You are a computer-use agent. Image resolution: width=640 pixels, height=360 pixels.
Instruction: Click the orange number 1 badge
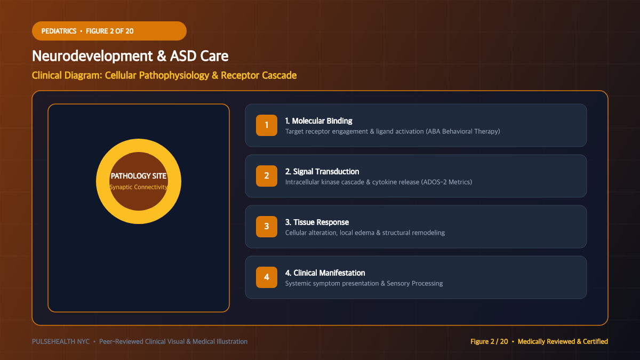coord(267,125)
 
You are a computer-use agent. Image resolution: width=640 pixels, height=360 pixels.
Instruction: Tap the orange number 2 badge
coord(267,175)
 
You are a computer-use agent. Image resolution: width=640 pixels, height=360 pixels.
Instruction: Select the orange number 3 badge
coord(267,227)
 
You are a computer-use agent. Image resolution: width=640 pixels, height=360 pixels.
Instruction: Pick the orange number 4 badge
coord(267,277)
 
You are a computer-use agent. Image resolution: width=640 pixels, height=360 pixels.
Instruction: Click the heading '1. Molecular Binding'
coord(318,121)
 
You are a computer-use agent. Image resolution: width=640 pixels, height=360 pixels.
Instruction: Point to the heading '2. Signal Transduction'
coord(322,171)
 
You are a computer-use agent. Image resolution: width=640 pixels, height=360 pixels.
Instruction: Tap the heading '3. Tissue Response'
coord(317,222)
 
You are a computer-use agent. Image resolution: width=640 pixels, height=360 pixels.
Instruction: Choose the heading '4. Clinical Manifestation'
coord(325,273)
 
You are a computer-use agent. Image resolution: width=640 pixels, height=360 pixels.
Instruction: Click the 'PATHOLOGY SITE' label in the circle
coord(139,176)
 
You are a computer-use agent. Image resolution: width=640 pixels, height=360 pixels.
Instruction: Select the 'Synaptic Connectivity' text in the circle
coord(139,187)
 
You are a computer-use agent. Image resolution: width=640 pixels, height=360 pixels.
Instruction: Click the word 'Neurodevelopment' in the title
coord(92,57)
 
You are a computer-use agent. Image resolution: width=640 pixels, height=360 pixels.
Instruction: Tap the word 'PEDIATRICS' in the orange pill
coord(59,31)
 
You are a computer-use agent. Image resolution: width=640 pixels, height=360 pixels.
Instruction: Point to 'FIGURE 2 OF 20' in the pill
coord(110,31)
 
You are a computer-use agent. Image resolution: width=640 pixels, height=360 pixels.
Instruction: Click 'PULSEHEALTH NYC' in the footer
coord(61,341)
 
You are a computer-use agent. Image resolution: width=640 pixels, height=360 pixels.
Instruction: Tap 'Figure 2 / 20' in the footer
coord(489,341)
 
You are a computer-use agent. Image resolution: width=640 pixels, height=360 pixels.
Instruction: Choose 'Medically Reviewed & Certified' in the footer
coord(563,341)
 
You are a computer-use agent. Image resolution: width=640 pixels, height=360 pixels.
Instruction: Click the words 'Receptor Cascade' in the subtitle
coord(259,75)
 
